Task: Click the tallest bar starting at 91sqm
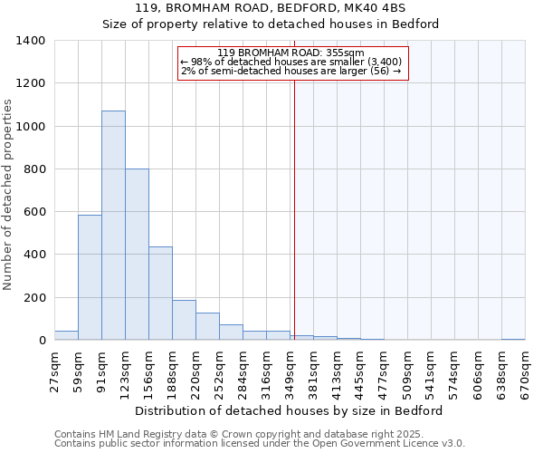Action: tap(113, 226)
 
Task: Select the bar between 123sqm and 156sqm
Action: tap(137, 255)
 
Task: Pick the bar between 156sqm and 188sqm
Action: tap(160, 294)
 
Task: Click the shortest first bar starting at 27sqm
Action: tap(66, 335)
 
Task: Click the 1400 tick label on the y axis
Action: tap(31, 41)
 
